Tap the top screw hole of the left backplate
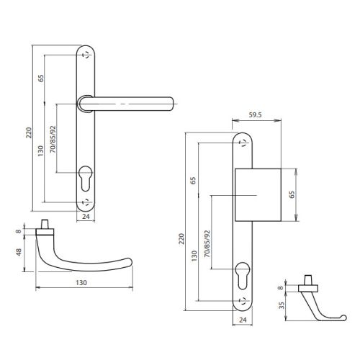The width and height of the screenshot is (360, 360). tap(86, 56)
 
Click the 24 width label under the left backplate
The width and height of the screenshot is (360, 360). tap(86, 215)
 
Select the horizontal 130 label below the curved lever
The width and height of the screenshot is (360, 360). tap(81, 284)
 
